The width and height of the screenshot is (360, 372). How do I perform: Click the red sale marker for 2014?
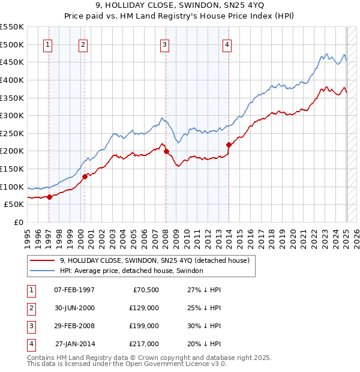pos(229,145)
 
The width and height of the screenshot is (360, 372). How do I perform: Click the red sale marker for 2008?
pos(166,151)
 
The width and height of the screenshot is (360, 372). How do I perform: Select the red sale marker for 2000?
pos(85,176)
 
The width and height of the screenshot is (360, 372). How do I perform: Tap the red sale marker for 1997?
pos(49,197)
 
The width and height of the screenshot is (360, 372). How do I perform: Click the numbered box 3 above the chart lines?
pos(164,43)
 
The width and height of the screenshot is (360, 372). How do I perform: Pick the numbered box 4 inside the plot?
pos(227,43)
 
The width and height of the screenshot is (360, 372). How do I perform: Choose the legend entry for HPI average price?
pos(131,271)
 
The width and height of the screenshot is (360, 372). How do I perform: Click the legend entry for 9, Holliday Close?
pos(158,260)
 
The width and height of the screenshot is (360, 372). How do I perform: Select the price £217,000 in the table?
pos(144,344)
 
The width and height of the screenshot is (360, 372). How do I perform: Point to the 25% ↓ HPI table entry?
pos(205,308)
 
